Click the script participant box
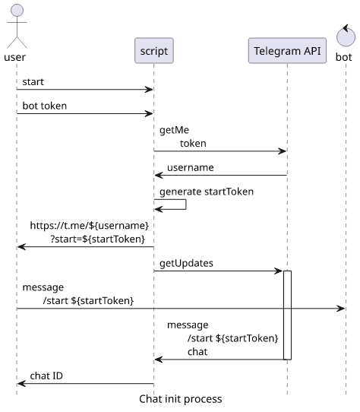tap(154, 50)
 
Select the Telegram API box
tap(287, 50)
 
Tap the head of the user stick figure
tap(17, 10)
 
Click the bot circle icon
tap(346, 36)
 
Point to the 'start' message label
tap(33, 82)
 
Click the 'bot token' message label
tap(45, 106)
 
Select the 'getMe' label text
tap(174, 130)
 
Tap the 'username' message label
tap(191, 168)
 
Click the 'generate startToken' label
tap(207, 192)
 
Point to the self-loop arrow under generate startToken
tap(186, 204)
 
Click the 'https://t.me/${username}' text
tap(90, 226)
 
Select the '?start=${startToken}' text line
tap(98, 239)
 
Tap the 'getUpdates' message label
tap(186, 263)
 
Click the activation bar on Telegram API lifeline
tap(287, 315)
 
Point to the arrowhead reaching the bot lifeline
tap(341, 308)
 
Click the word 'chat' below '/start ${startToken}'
tap(197, 352)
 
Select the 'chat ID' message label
tap(46, 376)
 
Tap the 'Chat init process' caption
tap(181, 399)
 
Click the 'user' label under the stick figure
tap(15, 57)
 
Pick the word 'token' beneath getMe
tap(193, 144)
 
